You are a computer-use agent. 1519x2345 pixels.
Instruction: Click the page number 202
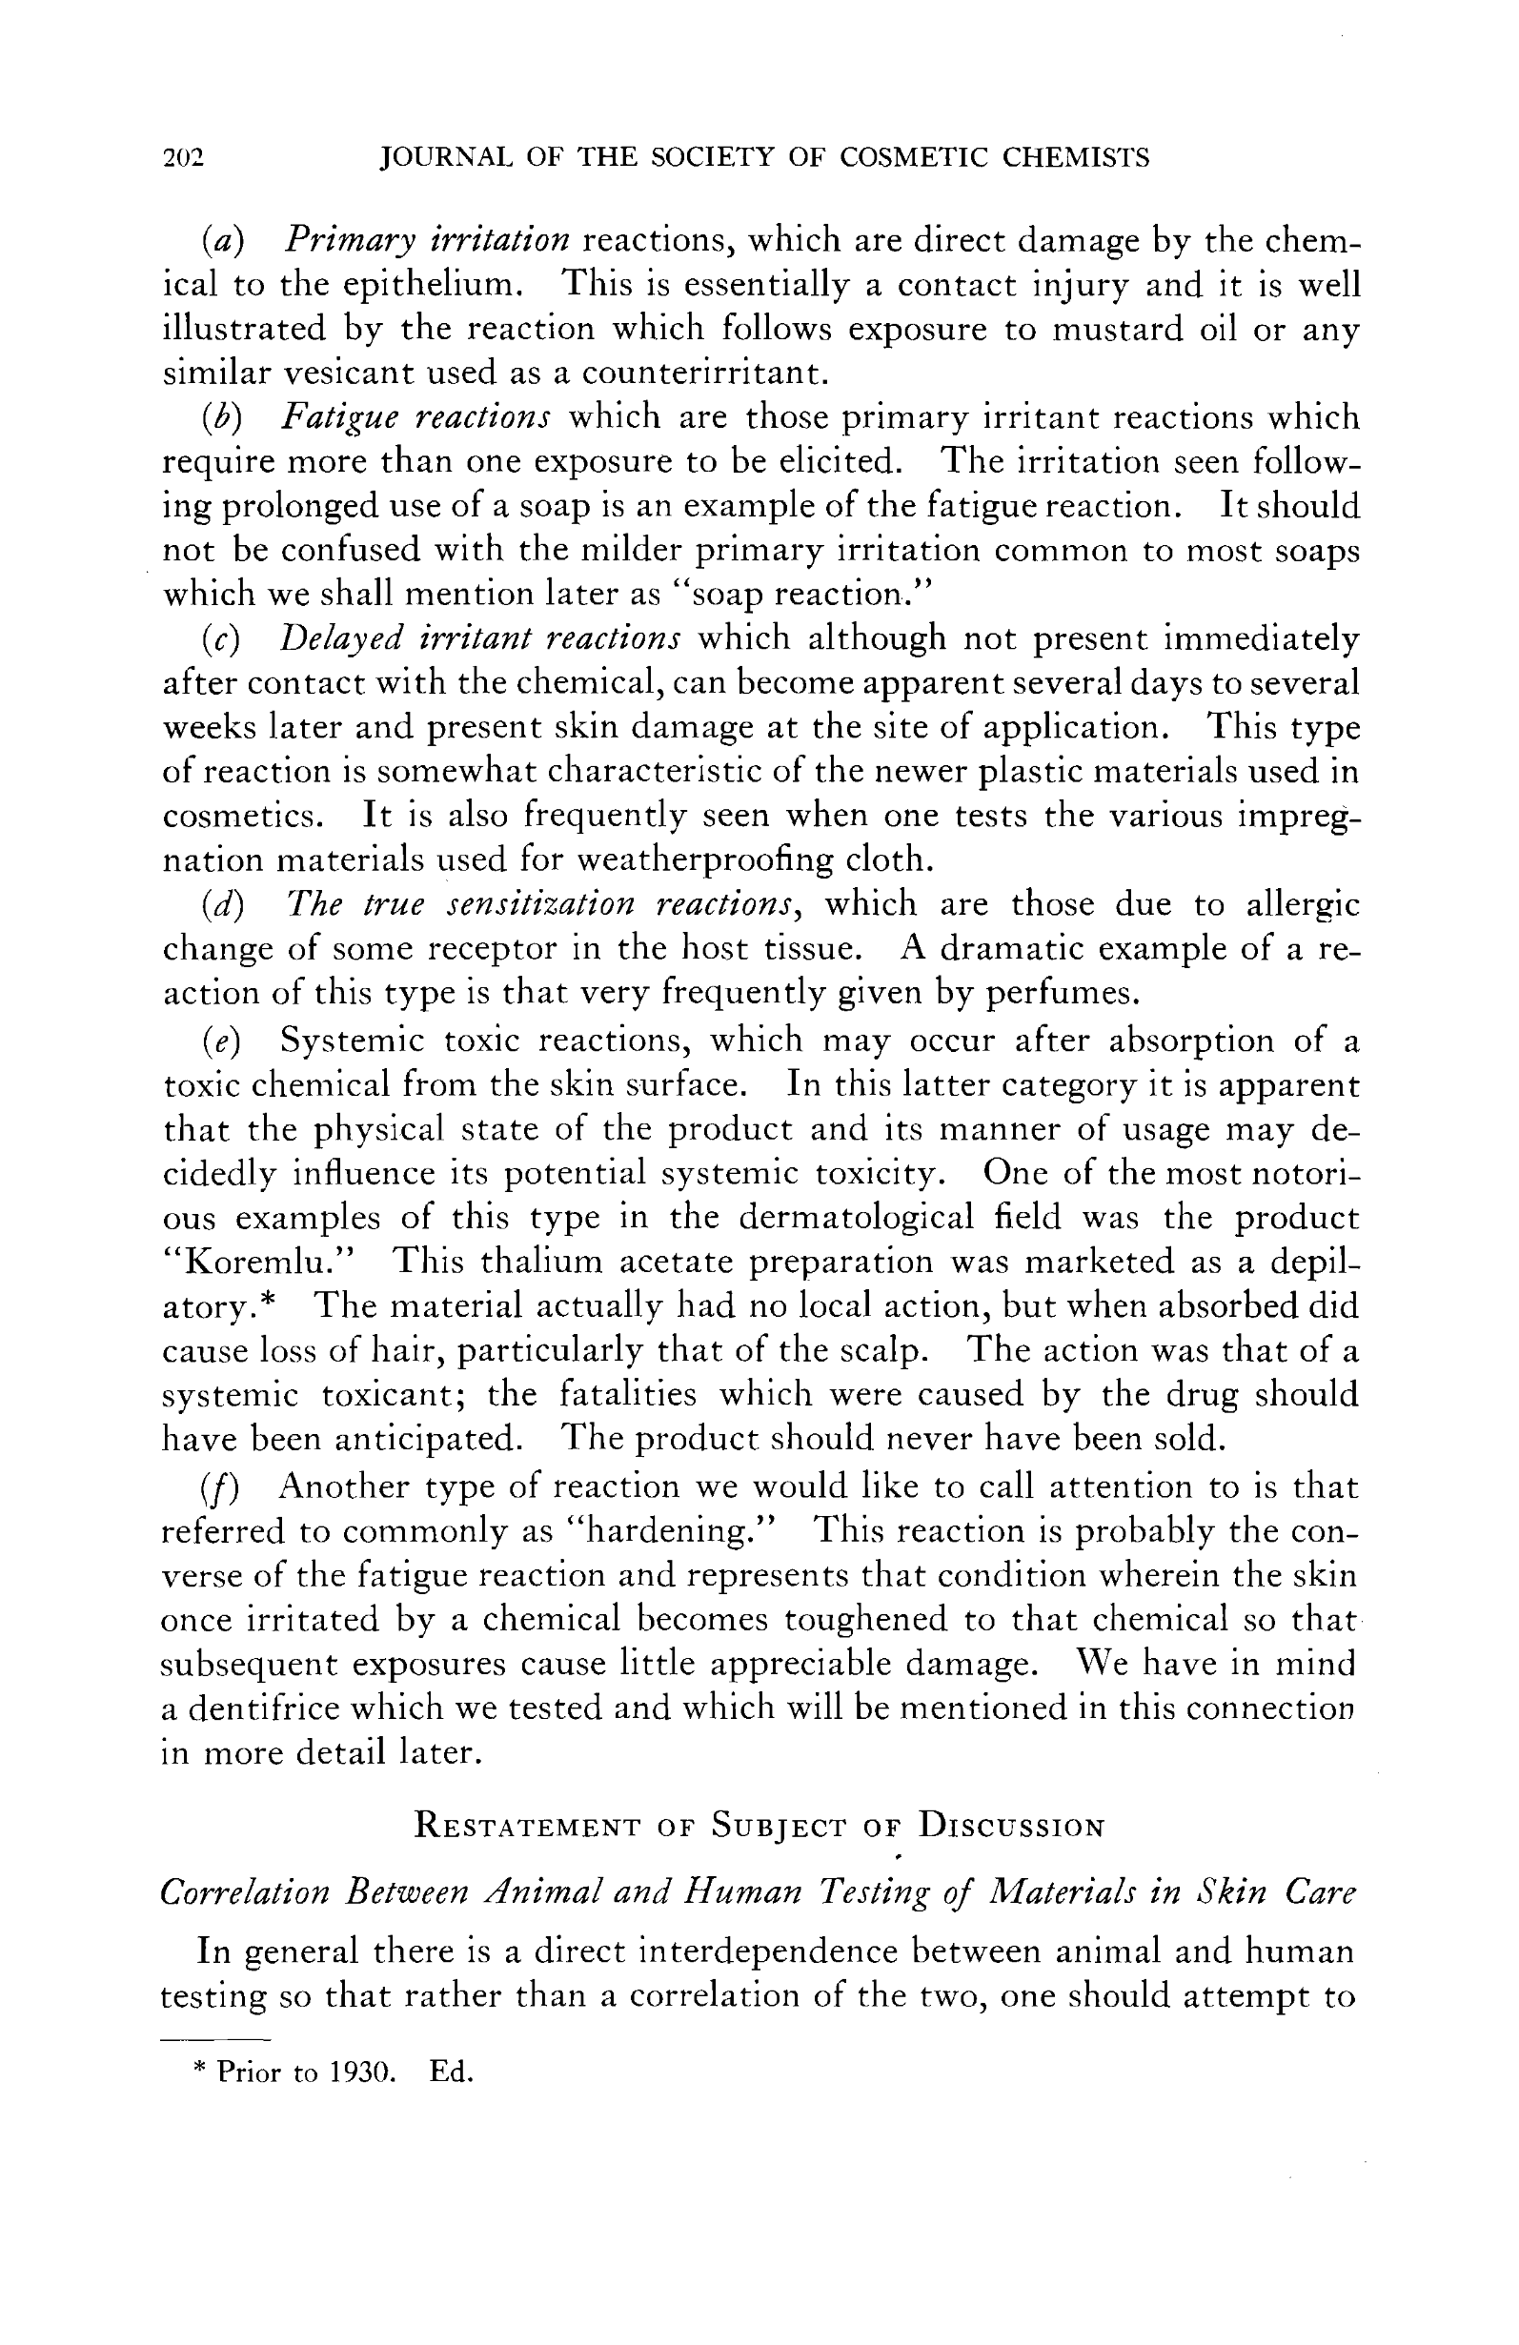tap(183, 158)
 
